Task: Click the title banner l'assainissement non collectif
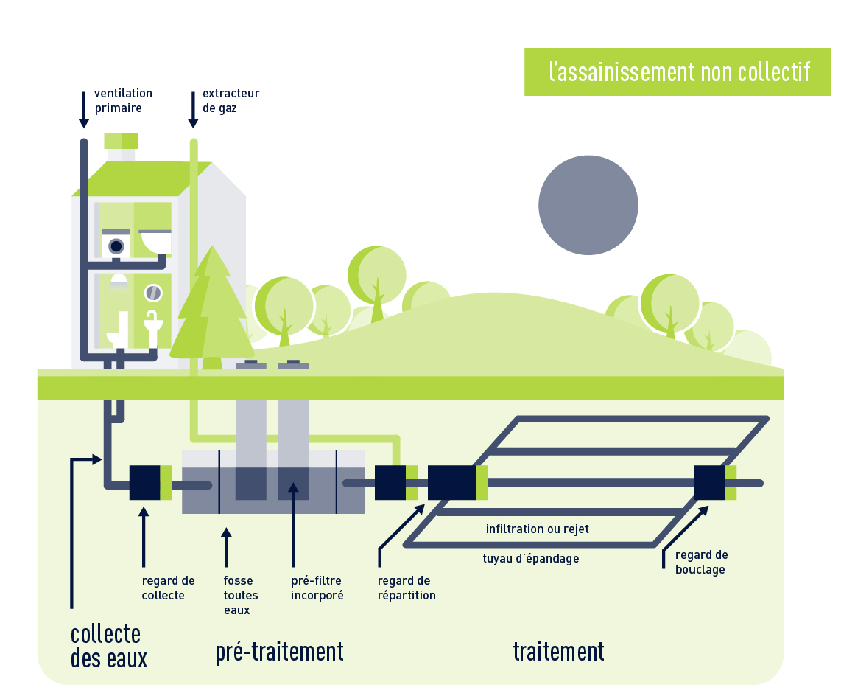[678, 72]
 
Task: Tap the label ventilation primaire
[123, 100]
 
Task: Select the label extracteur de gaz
[231, 100]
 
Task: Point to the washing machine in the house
[116, 246]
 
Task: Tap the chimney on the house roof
[121, 147]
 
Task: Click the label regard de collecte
[168, 588]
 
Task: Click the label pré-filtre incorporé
[317, 588]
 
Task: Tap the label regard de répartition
[406, 588]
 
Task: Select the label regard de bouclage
[701, 562]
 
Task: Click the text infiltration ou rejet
[537, 529]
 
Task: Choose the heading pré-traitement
[279, 652]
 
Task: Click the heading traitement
[558, 652]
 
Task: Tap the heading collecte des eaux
[108, 645]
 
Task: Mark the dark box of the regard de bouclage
[709, 483]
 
